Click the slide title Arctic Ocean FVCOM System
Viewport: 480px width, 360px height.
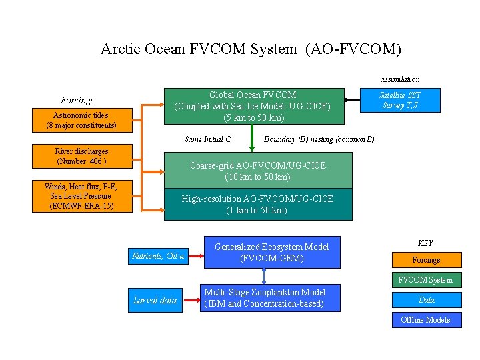coord(251,49)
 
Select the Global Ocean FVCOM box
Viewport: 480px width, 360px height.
coord(253,106)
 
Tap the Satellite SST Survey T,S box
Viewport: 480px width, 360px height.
coord(400,100)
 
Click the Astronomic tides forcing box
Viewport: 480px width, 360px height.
coord(81,120)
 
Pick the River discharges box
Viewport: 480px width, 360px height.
coord(81,157)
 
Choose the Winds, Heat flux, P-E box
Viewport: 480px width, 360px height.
coord(81,196)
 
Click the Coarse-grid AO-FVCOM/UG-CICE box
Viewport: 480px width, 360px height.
coord(257,171)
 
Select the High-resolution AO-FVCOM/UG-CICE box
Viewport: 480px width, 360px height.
coord(257,204)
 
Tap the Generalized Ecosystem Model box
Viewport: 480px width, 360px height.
coord(271,252)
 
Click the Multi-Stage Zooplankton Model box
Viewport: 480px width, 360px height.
coord(264,298)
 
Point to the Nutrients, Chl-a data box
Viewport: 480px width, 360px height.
coord(158,255)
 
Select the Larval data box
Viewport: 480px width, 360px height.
coord(155,300)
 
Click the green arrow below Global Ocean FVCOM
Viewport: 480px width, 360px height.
coord(251,138)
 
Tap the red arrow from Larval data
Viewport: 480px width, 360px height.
coord(191,300)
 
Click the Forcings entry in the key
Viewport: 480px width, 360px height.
coord(426,259)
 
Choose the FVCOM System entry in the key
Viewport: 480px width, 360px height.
coord(426,280)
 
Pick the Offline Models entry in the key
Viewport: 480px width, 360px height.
coord(426,320)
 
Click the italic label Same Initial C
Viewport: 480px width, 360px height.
coord(208,139)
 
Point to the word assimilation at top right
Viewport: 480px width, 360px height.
coord(400,79)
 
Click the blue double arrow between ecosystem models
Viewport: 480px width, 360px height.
coord(265,276)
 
